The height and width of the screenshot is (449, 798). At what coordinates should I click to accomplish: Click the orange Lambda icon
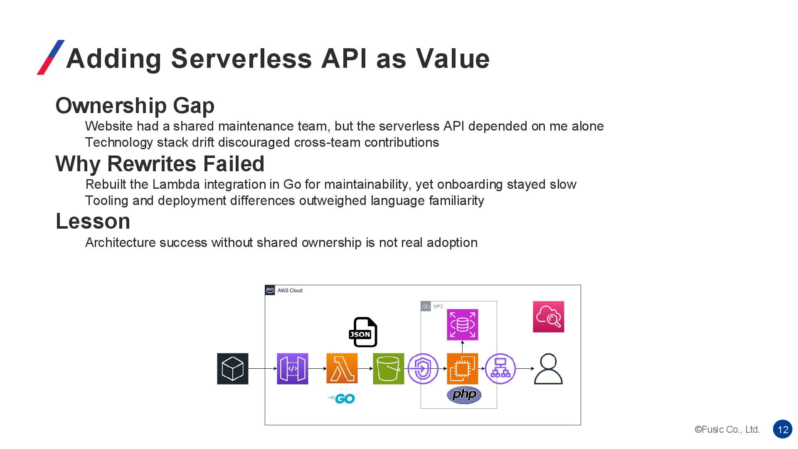tap(342, 368)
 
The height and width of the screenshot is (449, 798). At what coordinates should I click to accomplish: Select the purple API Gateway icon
tap(292, 368)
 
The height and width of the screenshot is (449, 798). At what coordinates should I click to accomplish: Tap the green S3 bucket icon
tap(388, 368)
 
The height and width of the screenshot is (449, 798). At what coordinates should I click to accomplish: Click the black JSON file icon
tap(363, 332)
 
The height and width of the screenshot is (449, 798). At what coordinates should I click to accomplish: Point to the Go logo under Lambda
tap(342, 399)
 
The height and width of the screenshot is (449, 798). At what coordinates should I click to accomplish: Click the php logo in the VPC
tap(464, 395)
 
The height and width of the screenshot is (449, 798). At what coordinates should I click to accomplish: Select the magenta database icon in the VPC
tap(462, 324)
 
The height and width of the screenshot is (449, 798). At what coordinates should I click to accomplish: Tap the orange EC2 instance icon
tap(462, 368)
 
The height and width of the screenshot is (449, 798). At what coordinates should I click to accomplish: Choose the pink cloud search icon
tap(548, 317)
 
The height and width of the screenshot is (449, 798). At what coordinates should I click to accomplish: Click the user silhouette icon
tap(548, 369)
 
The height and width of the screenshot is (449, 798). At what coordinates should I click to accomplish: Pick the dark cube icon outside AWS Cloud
tap(232, 368)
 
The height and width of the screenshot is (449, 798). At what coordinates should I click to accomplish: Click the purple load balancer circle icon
tap(500, 368)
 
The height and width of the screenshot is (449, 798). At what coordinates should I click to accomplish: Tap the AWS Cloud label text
tap(290, 291)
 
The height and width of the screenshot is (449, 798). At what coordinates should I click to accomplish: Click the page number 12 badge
tap(783, 429)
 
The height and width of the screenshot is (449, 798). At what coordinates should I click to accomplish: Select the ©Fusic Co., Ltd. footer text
tap(727, 429)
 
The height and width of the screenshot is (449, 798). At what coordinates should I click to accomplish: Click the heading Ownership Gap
tap(135, 106)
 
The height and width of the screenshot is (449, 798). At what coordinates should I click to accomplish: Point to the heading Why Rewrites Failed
tap(160, 164)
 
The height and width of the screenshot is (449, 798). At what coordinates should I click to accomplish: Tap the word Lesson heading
tap(93, 221)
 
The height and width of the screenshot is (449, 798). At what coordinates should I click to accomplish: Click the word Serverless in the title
tap(241, 58)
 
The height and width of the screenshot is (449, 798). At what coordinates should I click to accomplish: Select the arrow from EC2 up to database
tap(462, 347)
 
